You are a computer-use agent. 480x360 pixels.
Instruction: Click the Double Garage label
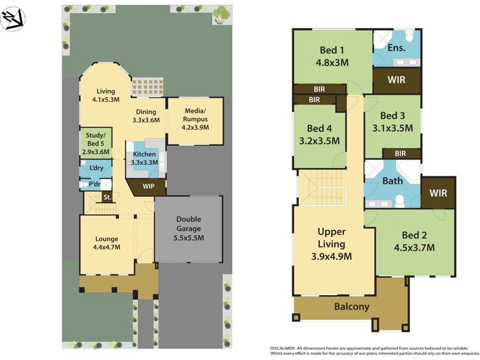[188, 229]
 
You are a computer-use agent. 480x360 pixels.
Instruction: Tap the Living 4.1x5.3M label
[105, 95]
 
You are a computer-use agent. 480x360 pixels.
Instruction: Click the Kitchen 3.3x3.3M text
[144, 158]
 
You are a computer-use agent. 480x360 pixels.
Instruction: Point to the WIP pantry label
[149, 187]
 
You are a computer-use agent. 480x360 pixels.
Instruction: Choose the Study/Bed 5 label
[95, 143]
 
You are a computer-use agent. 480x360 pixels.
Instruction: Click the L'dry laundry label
[95, 169]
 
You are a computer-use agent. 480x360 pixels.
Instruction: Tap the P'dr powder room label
[95, 184]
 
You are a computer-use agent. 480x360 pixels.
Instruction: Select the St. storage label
[107, 197]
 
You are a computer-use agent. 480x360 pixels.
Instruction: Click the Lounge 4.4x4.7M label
[106, 242]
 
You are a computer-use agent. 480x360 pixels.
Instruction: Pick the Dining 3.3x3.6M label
[146, 116]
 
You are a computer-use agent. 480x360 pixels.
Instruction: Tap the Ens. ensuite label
[397, 47]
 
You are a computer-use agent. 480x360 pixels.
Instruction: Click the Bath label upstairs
[392, 180]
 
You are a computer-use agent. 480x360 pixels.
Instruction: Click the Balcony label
[352, 307]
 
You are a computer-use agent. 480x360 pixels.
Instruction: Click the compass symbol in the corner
[13, 19]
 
